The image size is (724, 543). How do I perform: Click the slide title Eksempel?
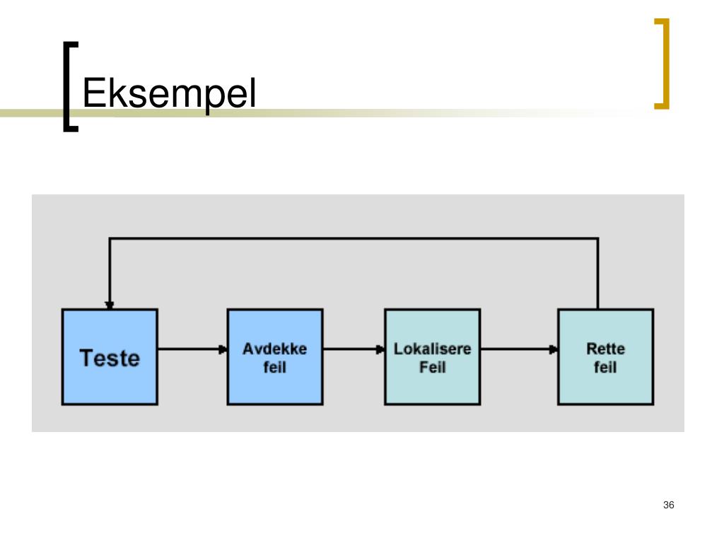pyautogui.click(x=169, y=93)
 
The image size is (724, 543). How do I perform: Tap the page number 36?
pyautogui.click(x=669, y=505)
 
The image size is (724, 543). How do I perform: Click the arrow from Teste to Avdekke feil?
pyautogui.click(x=192, y=349)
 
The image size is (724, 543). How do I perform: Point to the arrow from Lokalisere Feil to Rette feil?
pyautogui.click(x=519, y=349)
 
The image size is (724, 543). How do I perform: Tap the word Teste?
pyautogui.click(x=110, y=358)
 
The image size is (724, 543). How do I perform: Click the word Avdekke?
pyautogui.click(x=275, y=349)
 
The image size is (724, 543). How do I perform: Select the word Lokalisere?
pyautogui.click(x=432, y=349)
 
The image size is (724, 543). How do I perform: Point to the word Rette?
pyautogui.click(x=605, y=349)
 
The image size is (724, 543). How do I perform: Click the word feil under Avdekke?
pyautogui.click(x=275, y=368)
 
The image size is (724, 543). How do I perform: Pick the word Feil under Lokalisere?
pyautogui.click(x=432, y=368)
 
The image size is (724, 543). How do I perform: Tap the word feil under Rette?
pyautogui.click(x=605, y=368)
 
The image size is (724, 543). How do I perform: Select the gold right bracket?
pyautogui.click(x=662, y=64)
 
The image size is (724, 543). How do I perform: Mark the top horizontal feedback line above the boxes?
pyautogui.click(x=354, y=239)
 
